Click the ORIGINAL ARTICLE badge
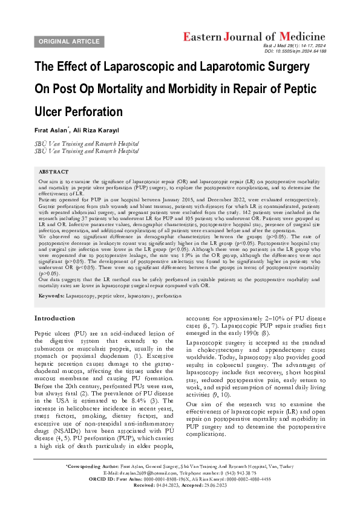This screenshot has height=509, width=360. click(68, 41)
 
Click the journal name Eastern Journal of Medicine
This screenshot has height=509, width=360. click(254, 36)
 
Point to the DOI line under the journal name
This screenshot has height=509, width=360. click(295, 52)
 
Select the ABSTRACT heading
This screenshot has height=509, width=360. click(53, 172)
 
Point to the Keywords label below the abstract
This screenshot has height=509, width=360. click(50, 297)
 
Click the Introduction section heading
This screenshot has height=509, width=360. click(55, 318)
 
